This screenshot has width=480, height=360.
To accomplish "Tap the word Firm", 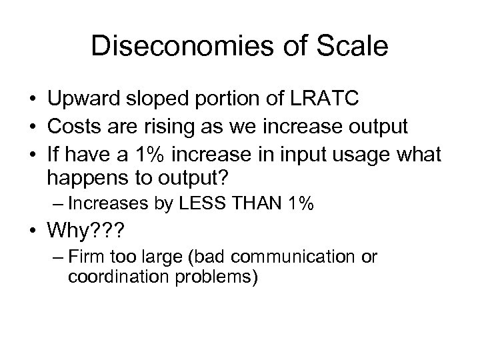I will click(x=85, y=257).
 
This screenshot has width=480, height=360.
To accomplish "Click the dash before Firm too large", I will click(x=54, y=257).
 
